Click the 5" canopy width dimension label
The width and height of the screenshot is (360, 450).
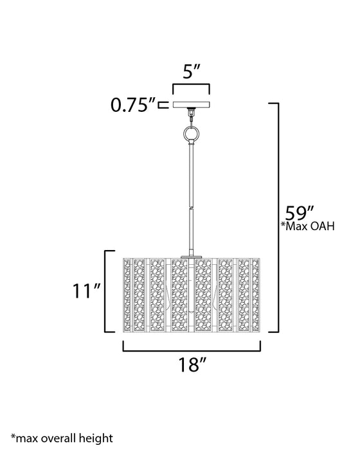[191, 73]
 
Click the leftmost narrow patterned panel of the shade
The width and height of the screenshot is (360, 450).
[127, 294]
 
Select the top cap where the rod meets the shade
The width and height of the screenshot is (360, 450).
[191, 256]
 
